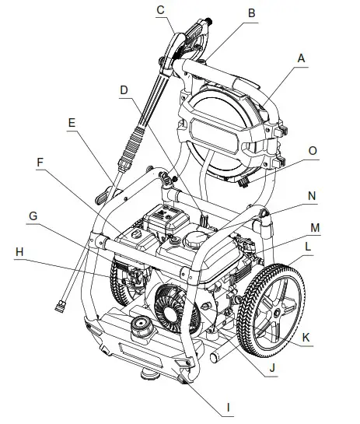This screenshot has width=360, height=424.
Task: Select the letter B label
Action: tap(251, 13)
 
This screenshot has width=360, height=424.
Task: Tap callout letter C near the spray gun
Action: tap(160, 9)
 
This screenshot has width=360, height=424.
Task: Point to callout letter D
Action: tap(123, 90)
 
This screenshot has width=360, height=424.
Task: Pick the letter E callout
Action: tap(72, 123)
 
